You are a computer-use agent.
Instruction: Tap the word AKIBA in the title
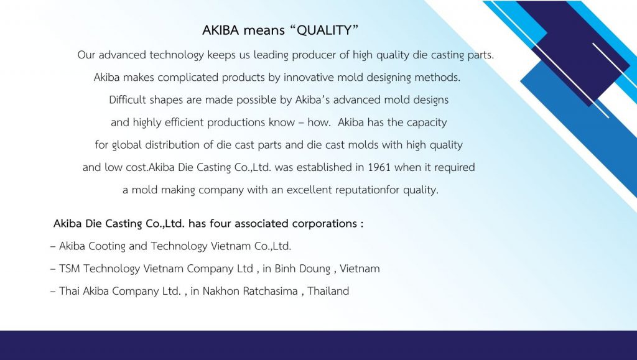[x=221, y=30]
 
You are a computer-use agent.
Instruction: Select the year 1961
[x=379, y=167]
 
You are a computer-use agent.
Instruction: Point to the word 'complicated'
[x=188, y=78]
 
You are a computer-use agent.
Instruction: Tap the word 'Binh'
[x=285, y=269]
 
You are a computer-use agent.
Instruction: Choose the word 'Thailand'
[x=328, y=291]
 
